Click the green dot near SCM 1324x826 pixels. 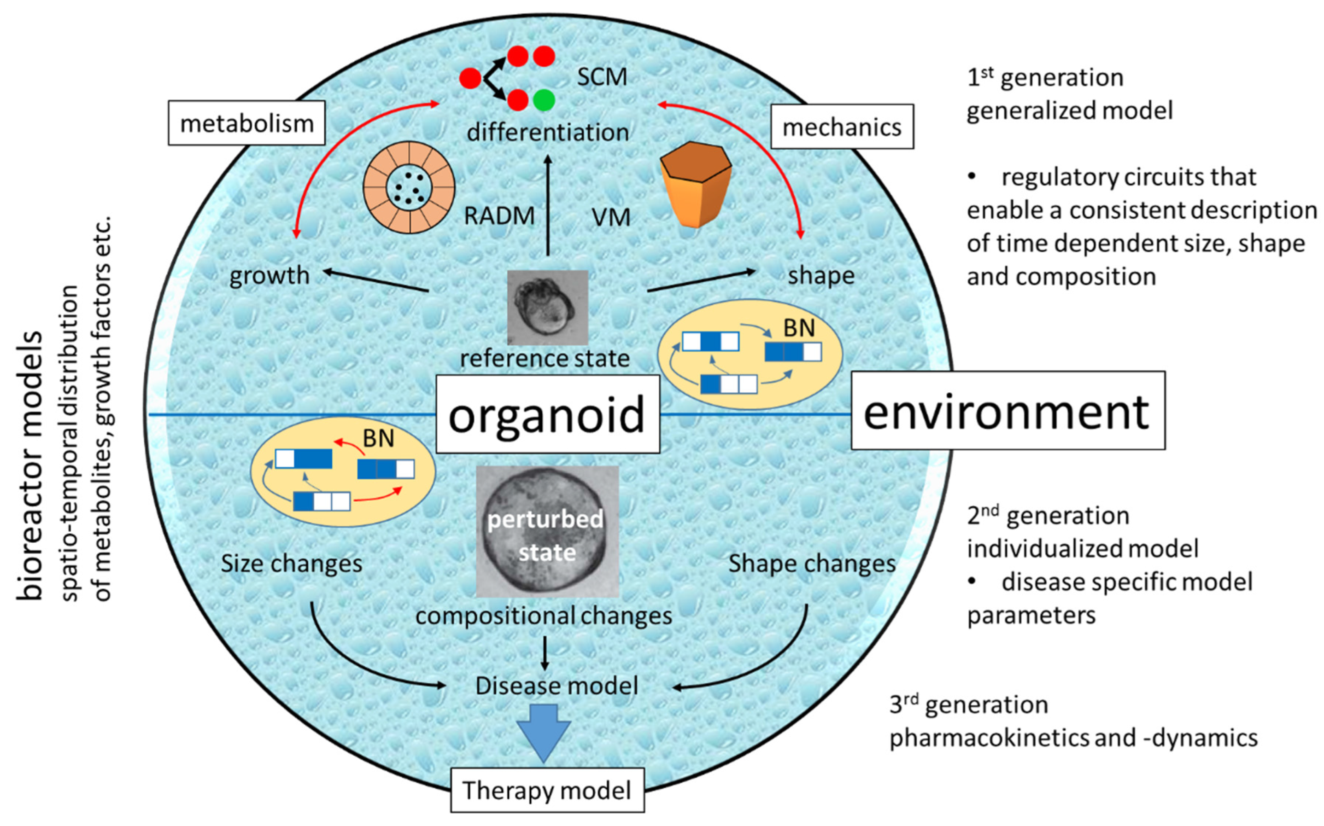pyautogui.click(x=544, y=100)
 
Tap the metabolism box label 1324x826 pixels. pyautogui.click(x=246, y=123)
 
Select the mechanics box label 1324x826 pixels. pyautogui.click(x=842, y=127)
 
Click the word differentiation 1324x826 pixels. pyautogui.click(x=548, y=132)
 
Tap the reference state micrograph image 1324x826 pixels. pyautogui.click(x=548, y=308)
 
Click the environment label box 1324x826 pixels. pyautogui.click(x=1008, y=411)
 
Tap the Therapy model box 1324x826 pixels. pyautogui.click(x=547, y=790)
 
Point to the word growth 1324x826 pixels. pyautogui.click(x=269, y=275)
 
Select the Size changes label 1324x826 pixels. pyautogui.click(x=291, y=563)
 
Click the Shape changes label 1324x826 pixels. pyautogui.click(x=812, y=563)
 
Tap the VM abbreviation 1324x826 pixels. pyautogui.click(x=610, y=217)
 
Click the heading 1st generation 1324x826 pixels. pyautogui.click(x=1045, y=77)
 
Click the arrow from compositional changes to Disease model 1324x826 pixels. pyautogui.click(x=544, y=653)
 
